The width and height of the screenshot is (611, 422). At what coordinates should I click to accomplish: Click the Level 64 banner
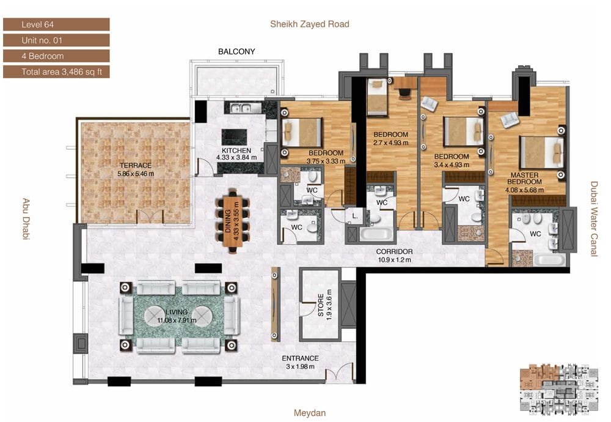(56, 24)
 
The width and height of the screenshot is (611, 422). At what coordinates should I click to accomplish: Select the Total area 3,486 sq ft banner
(56, 72)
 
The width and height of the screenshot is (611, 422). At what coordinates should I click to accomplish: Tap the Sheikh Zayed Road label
(310, 24)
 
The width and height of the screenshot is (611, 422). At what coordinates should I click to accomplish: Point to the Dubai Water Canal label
(594, 219)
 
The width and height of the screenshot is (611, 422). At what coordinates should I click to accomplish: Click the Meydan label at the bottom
(310, 413)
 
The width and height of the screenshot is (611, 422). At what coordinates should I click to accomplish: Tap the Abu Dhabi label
(26, 219)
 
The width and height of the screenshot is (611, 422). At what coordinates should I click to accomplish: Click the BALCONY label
(236, 51)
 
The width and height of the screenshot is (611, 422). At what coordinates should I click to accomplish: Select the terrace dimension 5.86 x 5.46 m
(136, 174)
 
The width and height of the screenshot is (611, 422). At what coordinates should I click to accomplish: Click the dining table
(233, 220)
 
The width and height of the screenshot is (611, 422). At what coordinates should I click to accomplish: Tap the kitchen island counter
(234, 136)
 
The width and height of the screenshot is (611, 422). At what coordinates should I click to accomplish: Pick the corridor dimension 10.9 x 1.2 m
(394, 260)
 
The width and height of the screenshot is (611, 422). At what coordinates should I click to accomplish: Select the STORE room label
(321, 305)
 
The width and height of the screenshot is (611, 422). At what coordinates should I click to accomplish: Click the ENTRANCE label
(300, 358)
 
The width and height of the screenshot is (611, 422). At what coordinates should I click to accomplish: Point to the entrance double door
(339, 372)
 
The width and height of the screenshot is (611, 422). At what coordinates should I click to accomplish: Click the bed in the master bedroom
(542, 152)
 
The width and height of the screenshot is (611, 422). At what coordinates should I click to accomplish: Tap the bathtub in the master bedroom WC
(549, 260)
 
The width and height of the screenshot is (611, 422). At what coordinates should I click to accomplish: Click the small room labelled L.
(355, 216)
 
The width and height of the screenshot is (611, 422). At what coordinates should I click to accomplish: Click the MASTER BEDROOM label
(524, 178)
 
